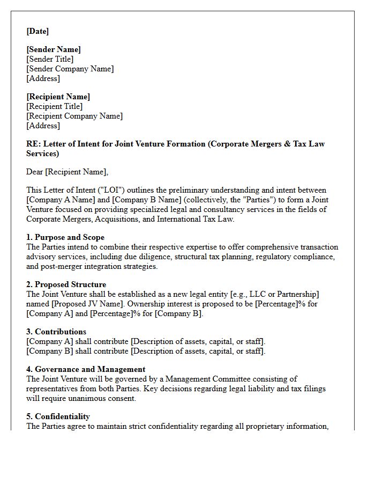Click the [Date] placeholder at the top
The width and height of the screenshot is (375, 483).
pyautogui.click(x=37, y=31)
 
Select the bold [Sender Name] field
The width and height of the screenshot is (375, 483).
pyautogui.click(x=54, y=49)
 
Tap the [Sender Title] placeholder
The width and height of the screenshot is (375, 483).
pyautogui.click(x=50, y=59)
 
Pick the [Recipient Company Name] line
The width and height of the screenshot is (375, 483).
pyautogui.click(x=74, y=116)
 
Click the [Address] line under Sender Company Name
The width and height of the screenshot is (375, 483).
pyautogui.click(x=43, y=78)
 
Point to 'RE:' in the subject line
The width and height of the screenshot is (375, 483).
pyautogui.click(x=33, y=144)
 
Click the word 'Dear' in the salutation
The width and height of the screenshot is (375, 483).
pyautogui.click(x=35, y=172)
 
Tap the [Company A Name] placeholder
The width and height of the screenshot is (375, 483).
pyautogui.click(x=60, y=200)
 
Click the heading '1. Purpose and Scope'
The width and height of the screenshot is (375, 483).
pyautogui.click(x=65, y=237)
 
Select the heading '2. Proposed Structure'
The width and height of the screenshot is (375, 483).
pyautogui.click(x=66, y=284)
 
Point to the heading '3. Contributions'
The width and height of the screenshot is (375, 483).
pyautogui.click(x=56, y=332)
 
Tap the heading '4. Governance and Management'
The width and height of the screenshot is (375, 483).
pyautogui.click(x=86, y=369)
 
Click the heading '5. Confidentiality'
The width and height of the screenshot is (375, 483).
pyautogui.click(x=58, y=416)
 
